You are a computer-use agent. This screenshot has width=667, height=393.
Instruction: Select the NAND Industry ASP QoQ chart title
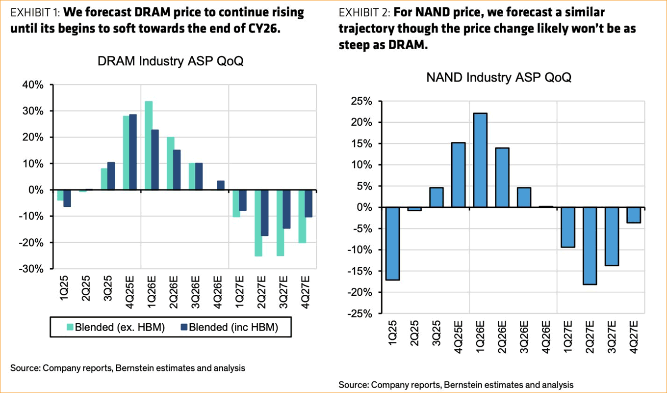[498, 77]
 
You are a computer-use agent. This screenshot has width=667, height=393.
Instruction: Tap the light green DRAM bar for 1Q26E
[149, 145]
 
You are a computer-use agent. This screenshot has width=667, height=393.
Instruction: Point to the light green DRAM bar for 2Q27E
[258, 223]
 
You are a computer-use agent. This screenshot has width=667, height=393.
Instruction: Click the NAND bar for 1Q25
[393, 244]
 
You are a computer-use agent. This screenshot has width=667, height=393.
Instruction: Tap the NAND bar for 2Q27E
[589, 246]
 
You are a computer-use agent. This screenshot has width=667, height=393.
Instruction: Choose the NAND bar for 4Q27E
[633, 215]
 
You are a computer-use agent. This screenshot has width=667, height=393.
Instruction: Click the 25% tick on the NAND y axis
[362, 101]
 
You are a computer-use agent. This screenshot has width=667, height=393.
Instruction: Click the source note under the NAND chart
[456, 385]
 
